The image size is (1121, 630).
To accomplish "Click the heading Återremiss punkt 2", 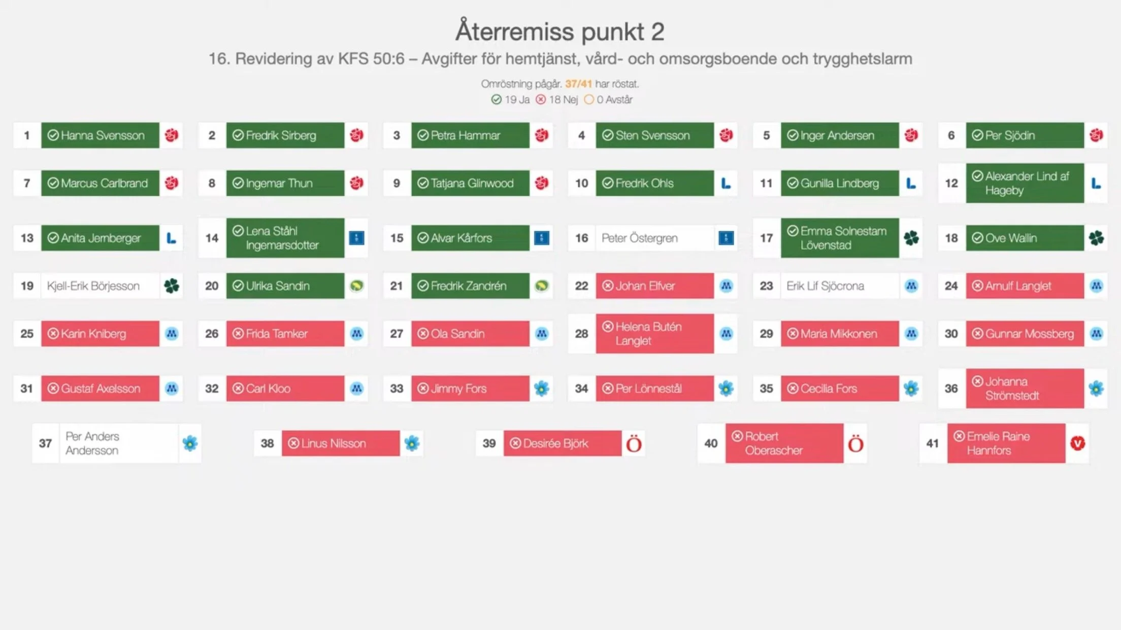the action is [x=559, y=31].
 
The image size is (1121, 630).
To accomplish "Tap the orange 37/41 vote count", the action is [x=578, y=84].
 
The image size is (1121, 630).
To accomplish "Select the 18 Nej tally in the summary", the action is [x=557, y=100].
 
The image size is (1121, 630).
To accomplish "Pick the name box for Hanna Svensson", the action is [x=100, y=135].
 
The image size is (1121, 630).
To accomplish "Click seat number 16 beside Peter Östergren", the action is [x=581, y=238].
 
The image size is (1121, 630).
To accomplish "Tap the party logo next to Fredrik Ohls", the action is [x=726, y=183].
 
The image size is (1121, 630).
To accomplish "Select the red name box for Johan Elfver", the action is [x=654, y=286].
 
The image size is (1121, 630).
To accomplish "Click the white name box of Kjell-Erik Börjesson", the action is [x=100, y=286].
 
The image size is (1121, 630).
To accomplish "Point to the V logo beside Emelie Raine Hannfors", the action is [x=1077, y=443].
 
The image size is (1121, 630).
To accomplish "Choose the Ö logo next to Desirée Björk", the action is [x=634, y=444].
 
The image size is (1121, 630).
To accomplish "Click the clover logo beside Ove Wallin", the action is [x=1096, y=238].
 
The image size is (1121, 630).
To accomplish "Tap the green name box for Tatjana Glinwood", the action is [x=470, y=183].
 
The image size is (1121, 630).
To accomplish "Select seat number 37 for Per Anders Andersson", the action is [x=45, y=443].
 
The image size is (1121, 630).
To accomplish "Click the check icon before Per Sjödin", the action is [x=977, y=135].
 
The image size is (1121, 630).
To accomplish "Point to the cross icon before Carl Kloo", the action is [x=238, y=389].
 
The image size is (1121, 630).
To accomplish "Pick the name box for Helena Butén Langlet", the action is [x=654, y=334].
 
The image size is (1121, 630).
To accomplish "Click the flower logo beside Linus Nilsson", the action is [x=412, y=443].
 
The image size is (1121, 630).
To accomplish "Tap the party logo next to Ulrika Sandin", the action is [x=356, y=286].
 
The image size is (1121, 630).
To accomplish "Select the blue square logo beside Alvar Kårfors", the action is [x=542, y=238].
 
